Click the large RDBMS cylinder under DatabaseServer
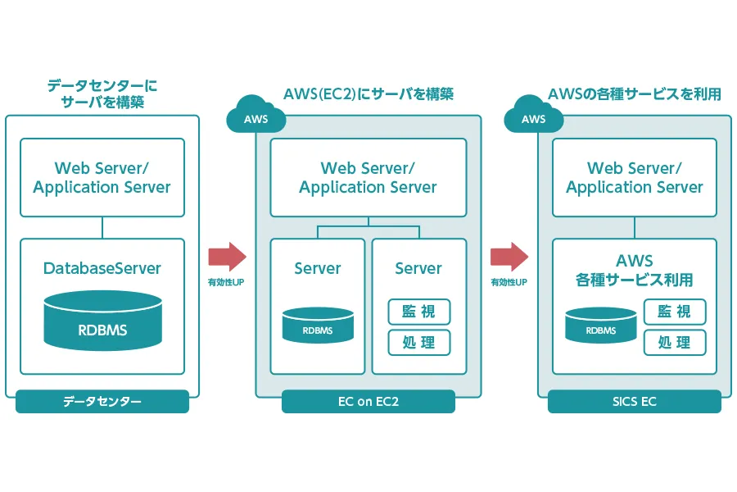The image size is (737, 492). [103, 321]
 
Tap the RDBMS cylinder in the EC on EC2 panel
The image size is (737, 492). [318, 325]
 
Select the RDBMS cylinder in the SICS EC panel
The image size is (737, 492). [601, 325]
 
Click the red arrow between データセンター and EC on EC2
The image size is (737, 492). [228, 257]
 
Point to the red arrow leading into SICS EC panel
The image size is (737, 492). [509, 257]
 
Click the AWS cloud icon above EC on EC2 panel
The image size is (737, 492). [256, 115]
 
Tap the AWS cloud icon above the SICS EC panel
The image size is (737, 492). [533, 115]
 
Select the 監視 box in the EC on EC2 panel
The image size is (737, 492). [419, 312]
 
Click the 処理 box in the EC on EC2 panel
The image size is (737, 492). [419, 342]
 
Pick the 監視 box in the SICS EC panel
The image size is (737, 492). [675, 312]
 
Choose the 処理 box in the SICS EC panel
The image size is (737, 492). [675, 342]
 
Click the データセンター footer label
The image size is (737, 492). [102, 402]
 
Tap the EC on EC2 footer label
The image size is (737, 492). [368, 402]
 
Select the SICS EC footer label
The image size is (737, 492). [635, 402]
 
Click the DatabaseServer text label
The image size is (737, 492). [102, 268]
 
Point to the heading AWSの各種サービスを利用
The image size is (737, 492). [635, 94]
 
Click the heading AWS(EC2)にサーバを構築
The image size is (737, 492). [368, 94]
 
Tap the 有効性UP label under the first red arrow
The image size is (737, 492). [226, 282]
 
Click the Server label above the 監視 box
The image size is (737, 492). [418, 268]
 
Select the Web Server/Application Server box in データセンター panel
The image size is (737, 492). [102, 177]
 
